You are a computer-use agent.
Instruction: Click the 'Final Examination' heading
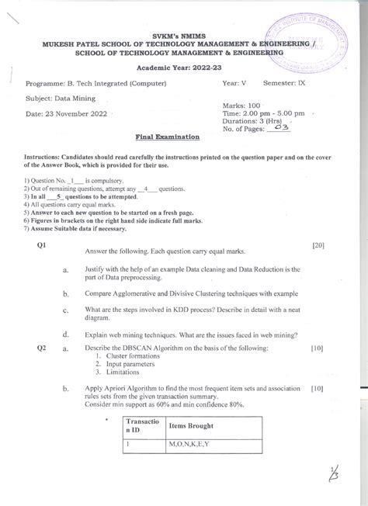[x=168, y=136]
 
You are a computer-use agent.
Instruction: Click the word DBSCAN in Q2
[x=127, y=348]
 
